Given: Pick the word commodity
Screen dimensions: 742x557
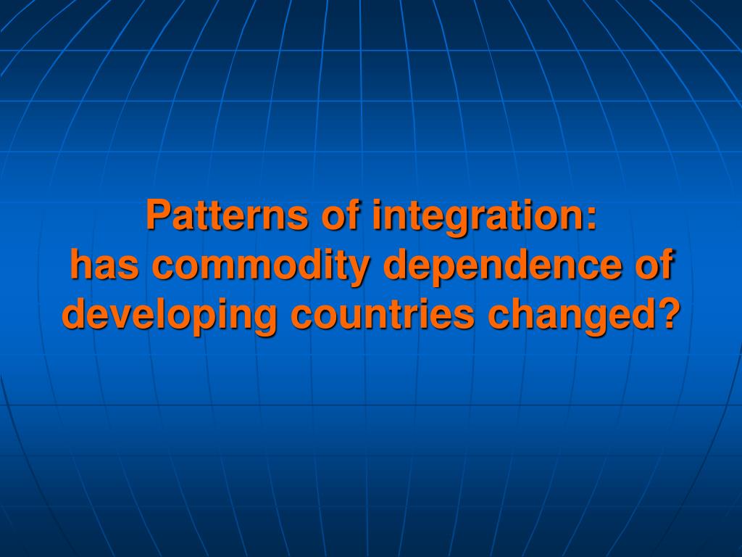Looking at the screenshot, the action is [x=259, y=267].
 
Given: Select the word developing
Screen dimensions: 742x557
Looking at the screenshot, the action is [x=170, y=316].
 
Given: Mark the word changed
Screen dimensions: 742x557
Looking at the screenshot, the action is [x=572, y=316].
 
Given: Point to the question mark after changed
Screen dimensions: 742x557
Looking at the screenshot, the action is [x=668, y=313].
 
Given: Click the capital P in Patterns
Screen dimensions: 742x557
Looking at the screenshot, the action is [x=158, y=215].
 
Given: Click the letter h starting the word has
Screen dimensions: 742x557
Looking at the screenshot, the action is [x=81, y=263].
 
